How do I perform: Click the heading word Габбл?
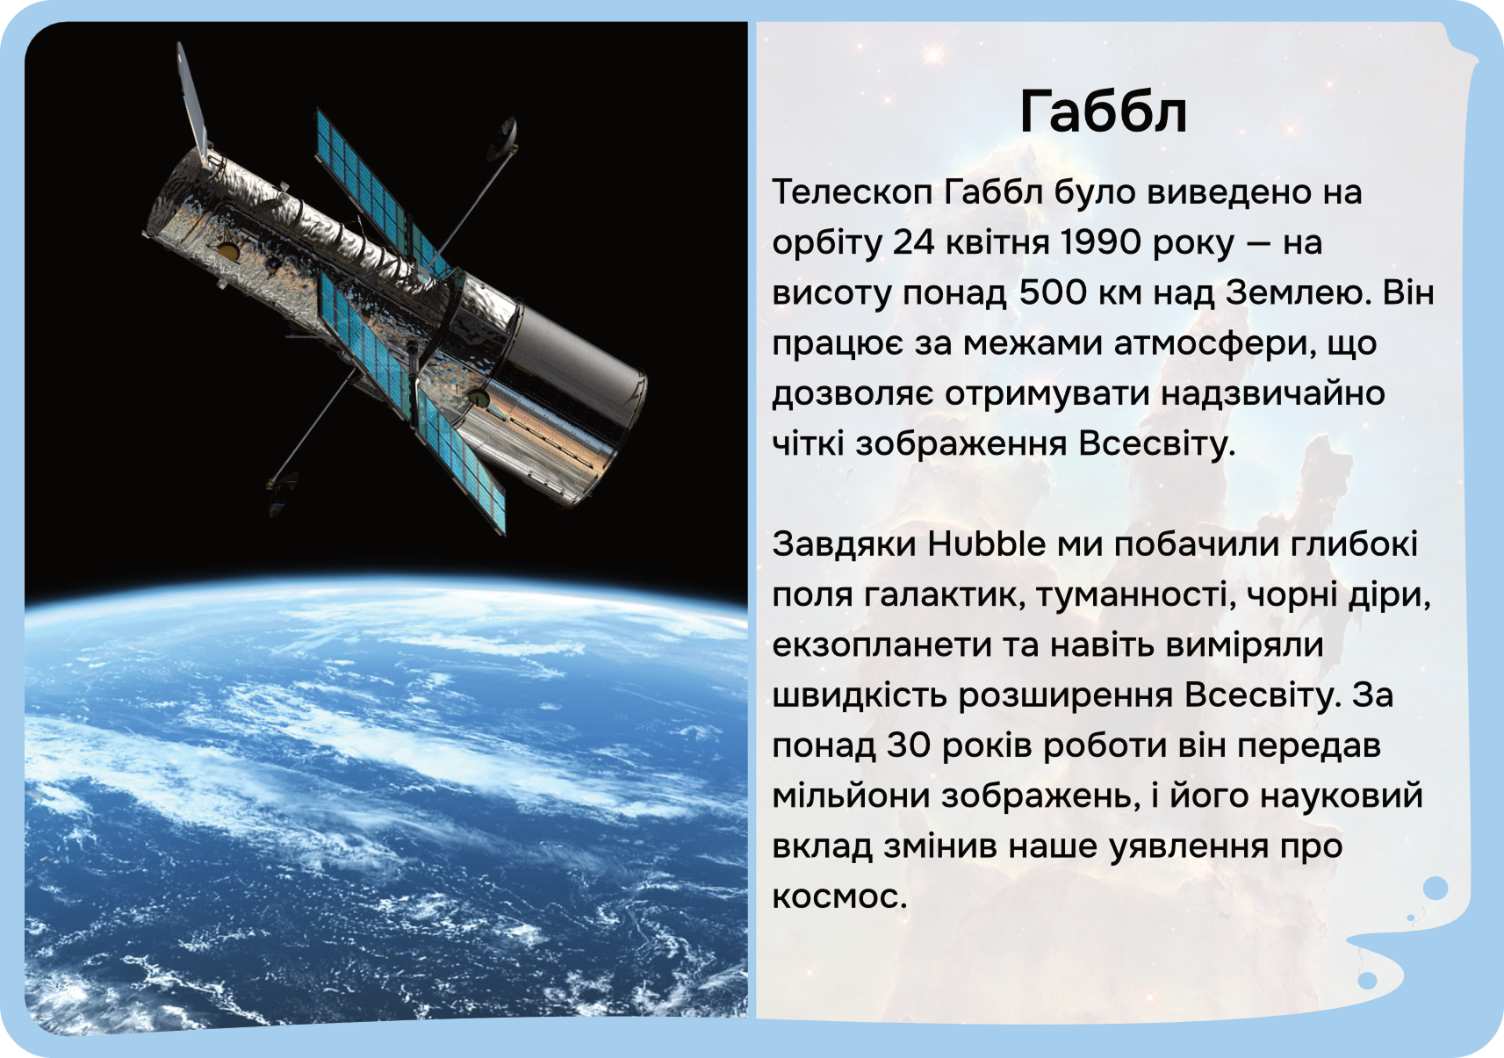point(1103,112)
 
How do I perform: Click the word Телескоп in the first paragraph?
point(852,192)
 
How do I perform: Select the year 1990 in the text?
point(1100,242)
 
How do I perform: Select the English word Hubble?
point(986,543)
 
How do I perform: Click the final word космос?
point(839,897)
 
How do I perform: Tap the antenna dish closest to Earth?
point(281,493)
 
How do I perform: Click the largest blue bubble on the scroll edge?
point(1436,889)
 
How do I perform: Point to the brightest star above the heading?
point(933,54)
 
